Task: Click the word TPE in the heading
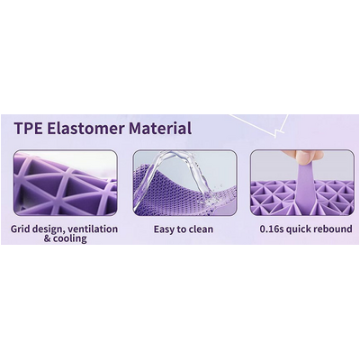(x=29, y=128)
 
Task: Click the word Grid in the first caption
(x=22, y=229)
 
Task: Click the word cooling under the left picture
(x=70, y=238)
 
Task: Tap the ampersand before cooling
(x=47, y=238)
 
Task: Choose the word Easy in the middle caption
(x=165, y=229)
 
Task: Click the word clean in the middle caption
(x=202, y=229)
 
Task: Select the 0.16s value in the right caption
(x=272, y=229)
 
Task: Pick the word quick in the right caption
(x=299, y=229)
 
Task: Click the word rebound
(x=334, y=229)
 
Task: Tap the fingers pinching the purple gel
(x=303, y=157)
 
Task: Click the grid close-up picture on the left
(x=65, y=183)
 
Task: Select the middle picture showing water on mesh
(x=184, y=183)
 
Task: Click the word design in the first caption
(x=48, y=229)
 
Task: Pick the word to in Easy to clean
(x=182, y=229)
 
